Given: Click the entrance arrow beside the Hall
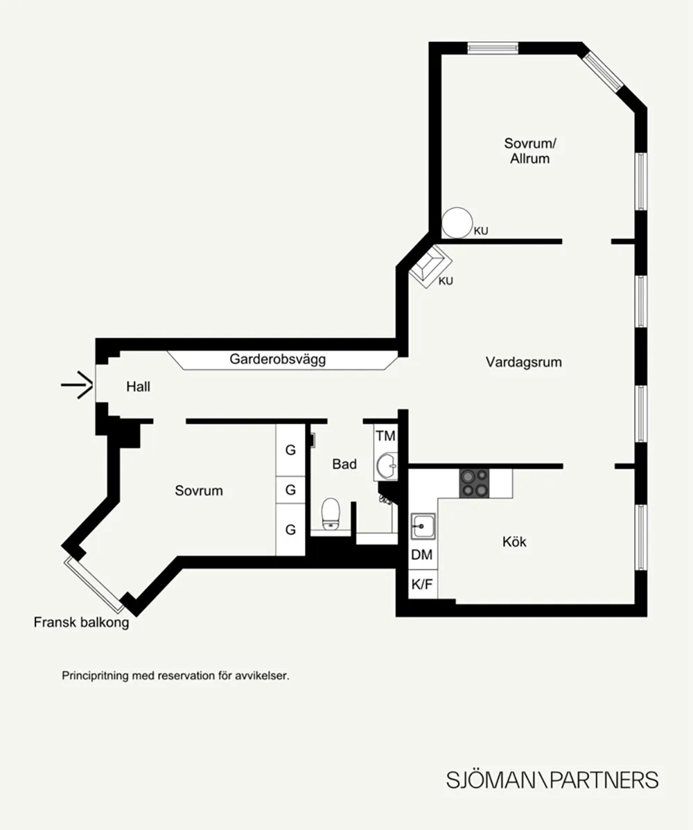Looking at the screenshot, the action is pos(78,385).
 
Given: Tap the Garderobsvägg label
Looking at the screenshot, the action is pos(277,360).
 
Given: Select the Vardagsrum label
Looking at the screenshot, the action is pos(524,362).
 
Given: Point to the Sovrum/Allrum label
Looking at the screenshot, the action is pos(530,151).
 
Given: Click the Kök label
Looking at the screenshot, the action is pos(514,542).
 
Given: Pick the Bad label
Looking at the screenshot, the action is pos(344,464).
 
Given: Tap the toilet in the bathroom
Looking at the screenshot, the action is pos(331,513).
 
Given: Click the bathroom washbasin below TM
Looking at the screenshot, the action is pos(387,466).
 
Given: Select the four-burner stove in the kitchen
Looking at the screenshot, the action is pos(474,484).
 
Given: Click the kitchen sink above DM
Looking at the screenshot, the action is pos(423,526).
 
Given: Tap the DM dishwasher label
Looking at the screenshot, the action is pos(422,555).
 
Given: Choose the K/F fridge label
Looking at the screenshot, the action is pos(422,584).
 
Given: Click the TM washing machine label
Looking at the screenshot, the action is pos(385,436).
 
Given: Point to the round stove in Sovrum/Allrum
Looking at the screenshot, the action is pos(457,223).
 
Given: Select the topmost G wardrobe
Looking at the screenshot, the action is pos(290,450).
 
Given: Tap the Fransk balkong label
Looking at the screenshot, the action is pos(82,622).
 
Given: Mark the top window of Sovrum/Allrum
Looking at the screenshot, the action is pos(492,48).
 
